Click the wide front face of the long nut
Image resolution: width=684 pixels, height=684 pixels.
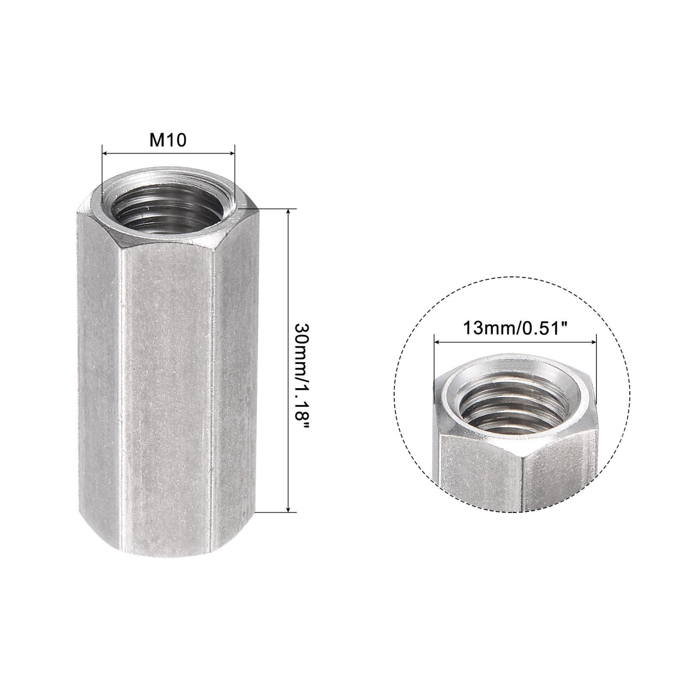(x=167, y=385)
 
